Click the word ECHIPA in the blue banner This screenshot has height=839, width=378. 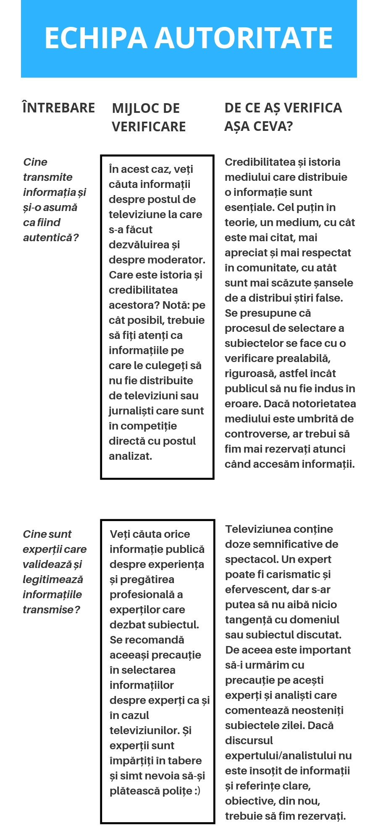96,38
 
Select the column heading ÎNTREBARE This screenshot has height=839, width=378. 59,108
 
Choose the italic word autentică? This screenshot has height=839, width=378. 51,237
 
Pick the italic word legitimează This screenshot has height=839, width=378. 53,579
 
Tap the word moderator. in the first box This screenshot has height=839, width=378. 181,260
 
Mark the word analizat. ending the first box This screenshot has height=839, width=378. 130,456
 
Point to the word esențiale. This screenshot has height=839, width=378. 249,207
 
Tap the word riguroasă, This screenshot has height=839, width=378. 250,373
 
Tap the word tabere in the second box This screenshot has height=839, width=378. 185,761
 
